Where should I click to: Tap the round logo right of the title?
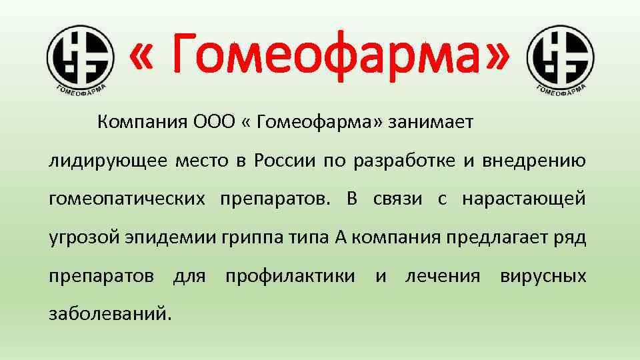point(559,56)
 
